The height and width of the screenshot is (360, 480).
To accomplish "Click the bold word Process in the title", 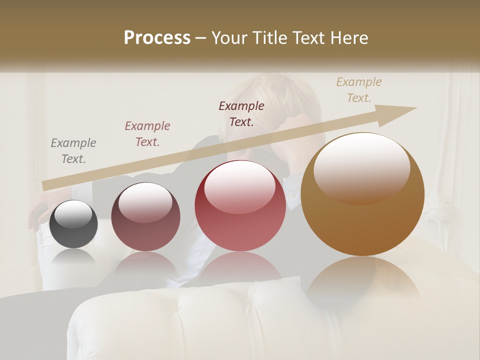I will pos(157,38).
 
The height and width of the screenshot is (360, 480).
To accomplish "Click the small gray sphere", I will pos(74,224).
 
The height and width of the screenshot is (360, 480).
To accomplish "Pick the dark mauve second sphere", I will pos(145,217).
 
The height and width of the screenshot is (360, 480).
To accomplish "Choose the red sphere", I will pos(240,206).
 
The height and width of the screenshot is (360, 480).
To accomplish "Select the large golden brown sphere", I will pos(362,195).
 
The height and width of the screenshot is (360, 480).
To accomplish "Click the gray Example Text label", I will pos(73,151).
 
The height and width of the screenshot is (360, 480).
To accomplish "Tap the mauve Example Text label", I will pos(147,134).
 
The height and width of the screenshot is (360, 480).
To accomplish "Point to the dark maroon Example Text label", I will pos(241,114).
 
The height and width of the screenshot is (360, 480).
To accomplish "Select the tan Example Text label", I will pos(359,90).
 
